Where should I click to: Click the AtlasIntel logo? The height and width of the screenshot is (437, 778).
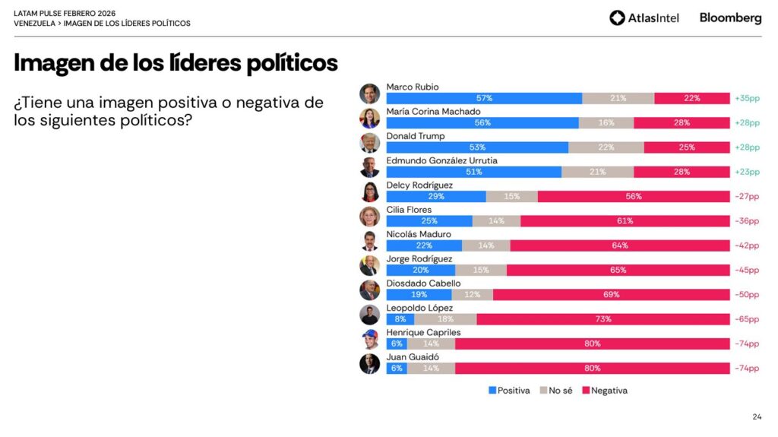click(644, 17)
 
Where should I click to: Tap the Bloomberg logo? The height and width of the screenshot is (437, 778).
click(730, 17)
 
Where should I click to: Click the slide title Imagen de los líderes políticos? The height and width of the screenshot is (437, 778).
click(176, 63)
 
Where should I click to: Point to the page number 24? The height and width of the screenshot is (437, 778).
click(757, 416)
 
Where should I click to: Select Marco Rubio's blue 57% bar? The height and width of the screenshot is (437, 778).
click(484, 98)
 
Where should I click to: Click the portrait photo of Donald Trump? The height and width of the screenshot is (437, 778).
click(369, 143)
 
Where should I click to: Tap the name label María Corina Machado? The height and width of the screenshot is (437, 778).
click(433, 112)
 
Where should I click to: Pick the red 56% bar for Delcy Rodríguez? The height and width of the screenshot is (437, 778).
click(633, 196)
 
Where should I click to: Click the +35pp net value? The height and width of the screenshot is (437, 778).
click(747, 98)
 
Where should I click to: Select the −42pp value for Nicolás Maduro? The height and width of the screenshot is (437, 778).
click(747, 245)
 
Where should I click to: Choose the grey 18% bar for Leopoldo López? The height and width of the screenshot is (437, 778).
click(445, 319)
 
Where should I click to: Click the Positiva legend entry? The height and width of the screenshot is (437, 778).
click(509, 391)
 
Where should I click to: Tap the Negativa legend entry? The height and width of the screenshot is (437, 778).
click(605, 391)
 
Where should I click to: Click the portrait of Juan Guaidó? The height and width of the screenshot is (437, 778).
click(369, 364)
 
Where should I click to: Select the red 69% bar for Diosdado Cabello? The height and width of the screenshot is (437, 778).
click(611, 295)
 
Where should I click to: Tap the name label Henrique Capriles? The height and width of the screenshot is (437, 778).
click(423, 333)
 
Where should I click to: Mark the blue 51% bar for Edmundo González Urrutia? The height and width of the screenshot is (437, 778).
click(474, 172)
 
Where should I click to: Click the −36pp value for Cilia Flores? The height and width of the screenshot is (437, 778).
click(747, 221)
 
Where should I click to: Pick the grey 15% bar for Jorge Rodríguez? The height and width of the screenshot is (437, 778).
click(481, 270)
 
